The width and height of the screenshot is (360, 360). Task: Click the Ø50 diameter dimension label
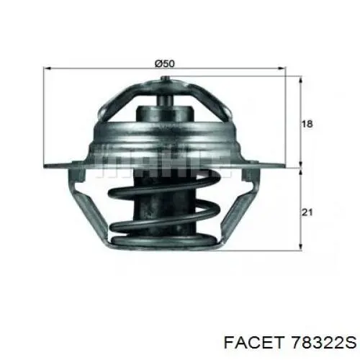pos(165,63)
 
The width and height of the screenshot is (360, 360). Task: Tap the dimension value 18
pos(307,125)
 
